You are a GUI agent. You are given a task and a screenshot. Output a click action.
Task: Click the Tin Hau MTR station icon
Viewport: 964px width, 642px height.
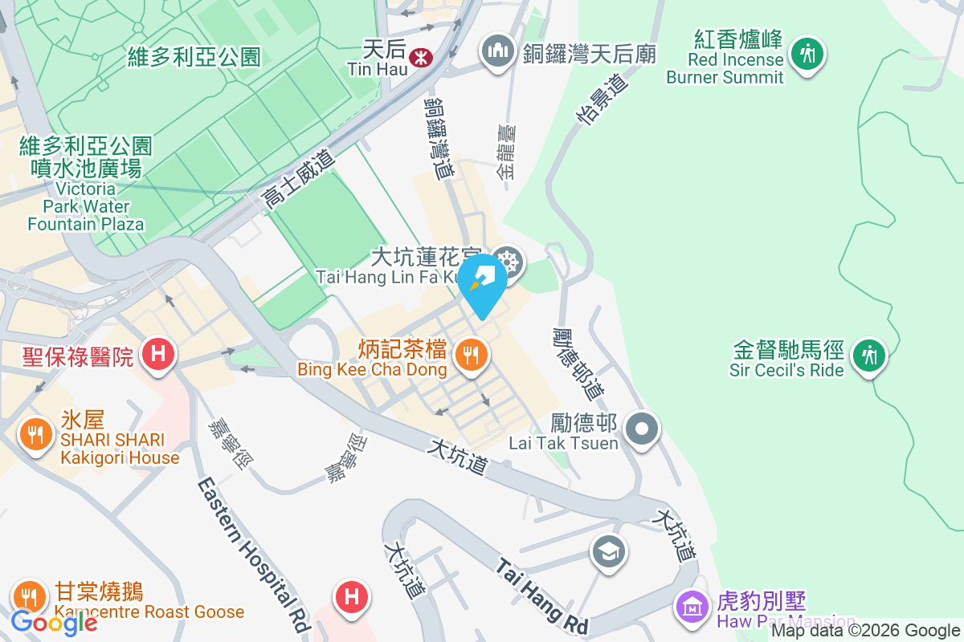tap(419, 57)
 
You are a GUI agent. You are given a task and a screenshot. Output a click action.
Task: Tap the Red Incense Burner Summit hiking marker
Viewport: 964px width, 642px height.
tap(807, 55)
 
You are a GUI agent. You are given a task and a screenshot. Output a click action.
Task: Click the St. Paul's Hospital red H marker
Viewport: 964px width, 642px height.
tap(158, 353)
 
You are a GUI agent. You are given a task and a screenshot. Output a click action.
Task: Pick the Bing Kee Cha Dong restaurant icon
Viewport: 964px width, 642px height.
tap(470, 352)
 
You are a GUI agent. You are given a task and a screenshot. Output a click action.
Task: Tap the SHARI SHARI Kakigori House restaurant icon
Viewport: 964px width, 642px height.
tap(35, 434)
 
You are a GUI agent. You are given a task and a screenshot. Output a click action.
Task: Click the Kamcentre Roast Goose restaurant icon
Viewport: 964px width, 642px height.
tap(30, 595)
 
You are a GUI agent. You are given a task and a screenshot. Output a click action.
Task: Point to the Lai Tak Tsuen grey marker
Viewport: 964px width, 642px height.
tap(642, 429)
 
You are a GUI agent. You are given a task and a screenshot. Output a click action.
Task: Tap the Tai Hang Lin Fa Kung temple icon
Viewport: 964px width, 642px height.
tap(509, 261)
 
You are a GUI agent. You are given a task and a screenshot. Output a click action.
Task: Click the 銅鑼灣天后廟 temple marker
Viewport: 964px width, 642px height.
tap(497, 51)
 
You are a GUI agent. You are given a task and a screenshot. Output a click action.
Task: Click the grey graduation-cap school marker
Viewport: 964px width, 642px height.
tap(608, 551)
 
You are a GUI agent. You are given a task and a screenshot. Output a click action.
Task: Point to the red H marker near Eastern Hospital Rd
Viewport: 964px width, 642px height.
tap(351, 596)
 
